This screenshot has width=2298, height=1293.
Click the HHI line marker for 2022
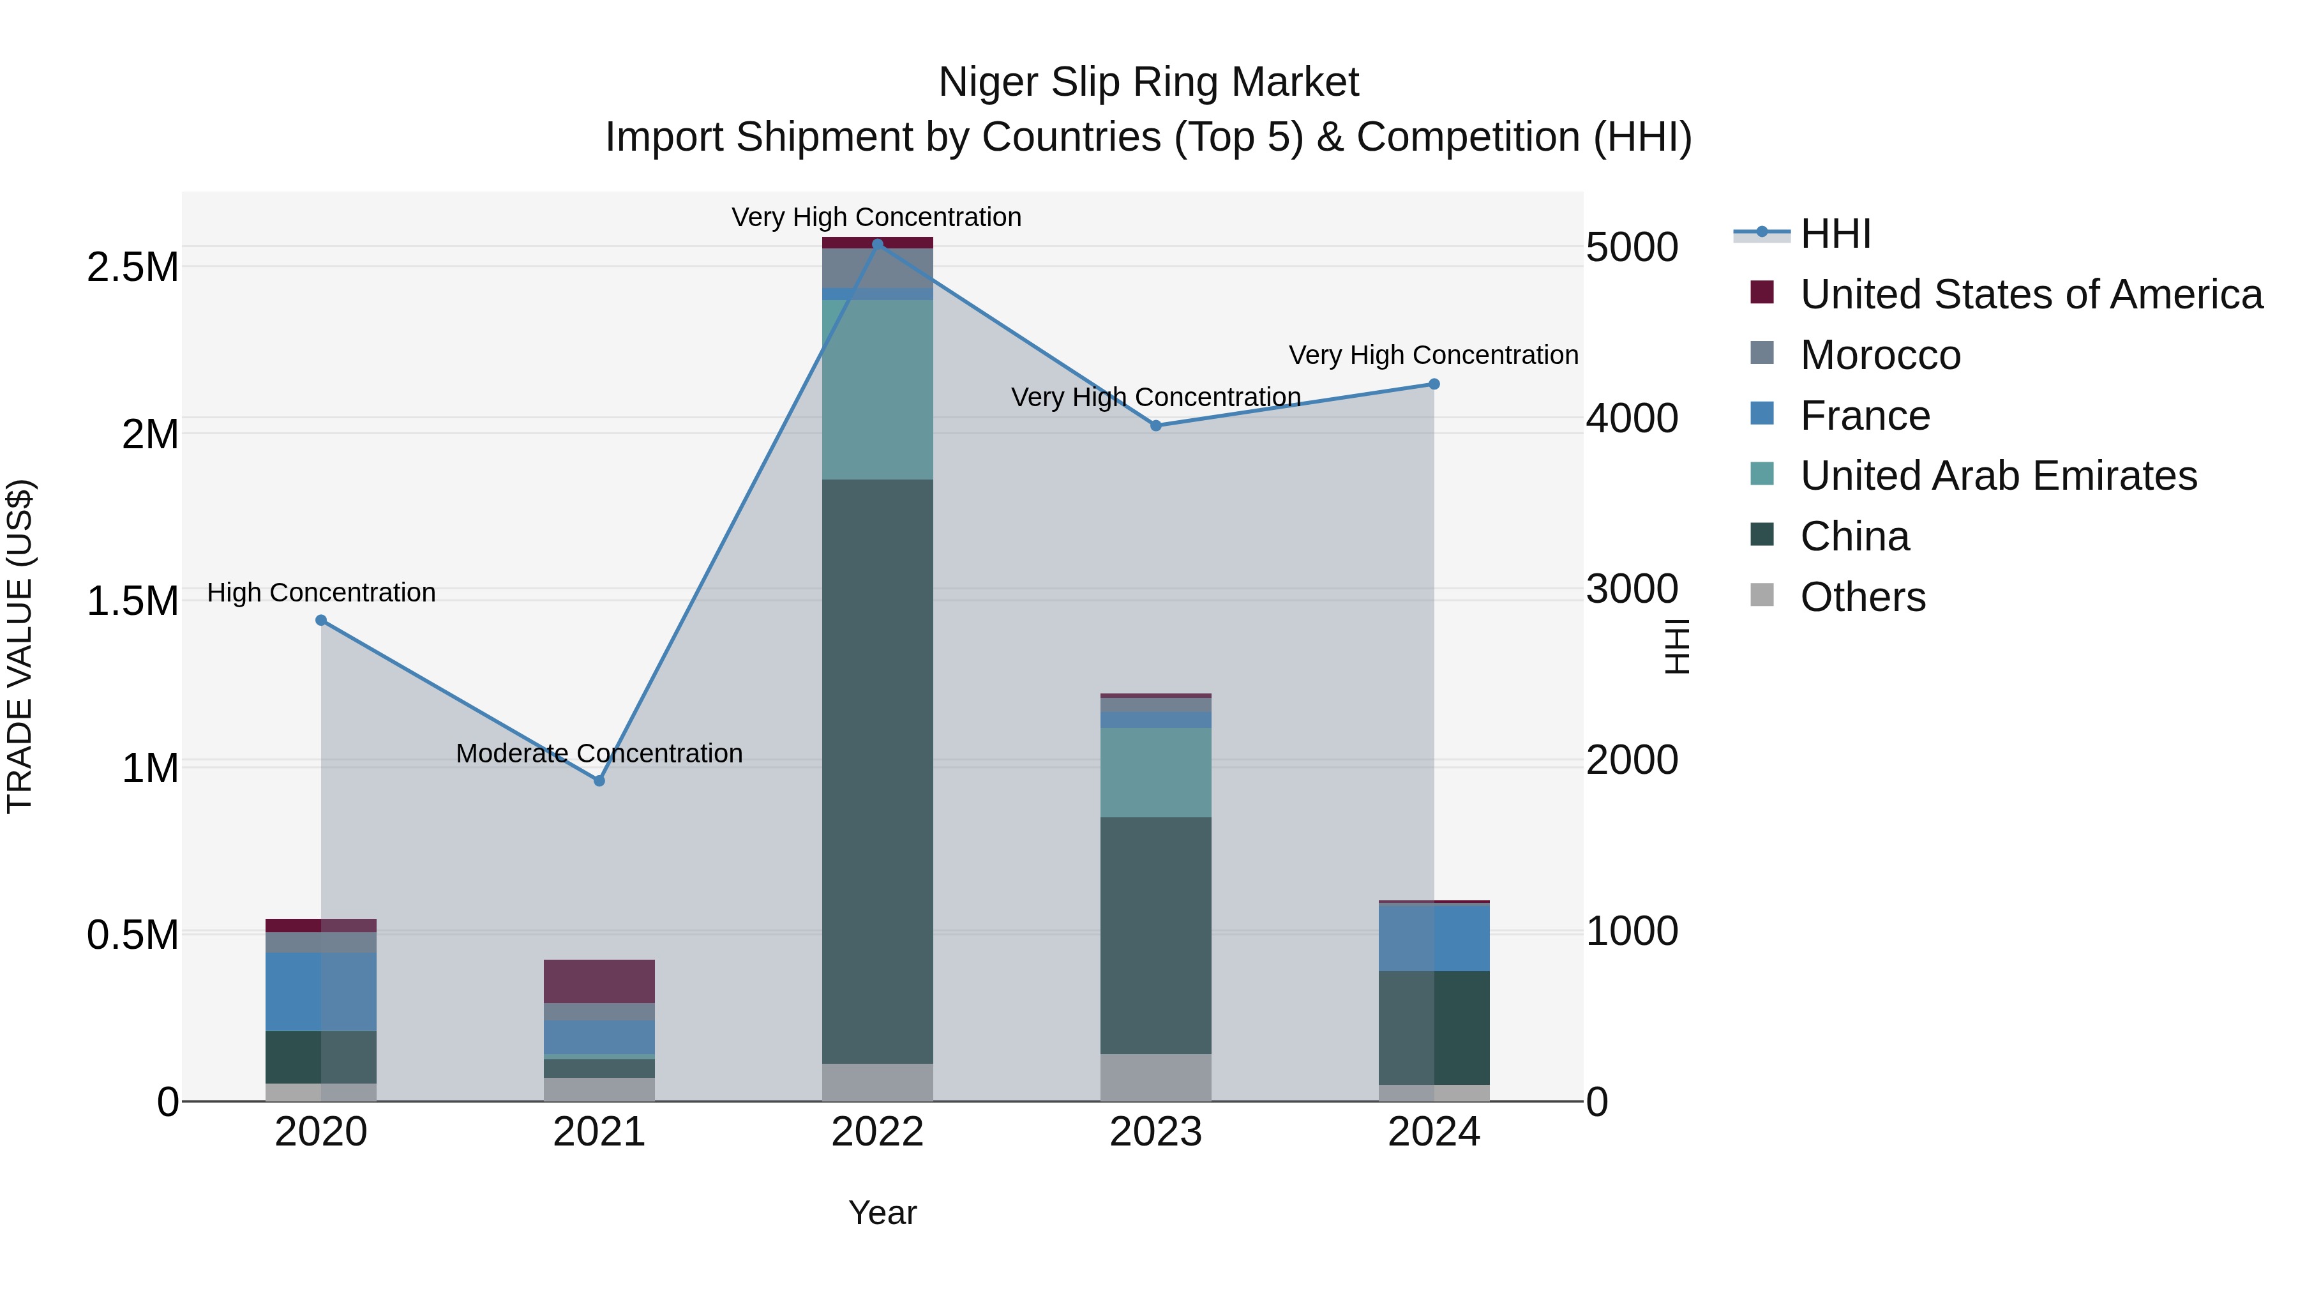tap(877, 244)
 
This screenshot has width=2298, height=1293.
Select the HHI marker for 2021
tap(599, 781)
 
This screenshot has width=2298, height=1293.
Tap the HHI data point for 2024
tap(1434, 384)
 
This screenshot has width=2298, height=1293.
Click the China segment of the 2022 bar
tap(877, 772)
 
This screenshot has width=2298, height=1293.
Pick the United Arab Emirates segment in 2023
tap(1155, 773)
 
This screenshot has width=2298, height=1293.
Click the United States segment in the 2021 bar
tap(599, 981)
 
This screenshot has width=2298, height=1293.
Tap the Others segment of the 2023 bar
tap(1155, 1078)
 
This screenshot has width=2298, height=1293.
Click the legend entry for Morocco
tap(1880, 355)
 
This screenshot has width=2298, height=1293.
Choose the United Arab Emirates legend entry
tap(1998, 476)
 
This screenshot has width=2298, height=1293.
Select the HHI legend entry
tap(1835, 234)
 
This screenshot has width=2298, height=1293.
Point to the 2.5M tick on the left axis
tap(133, 267)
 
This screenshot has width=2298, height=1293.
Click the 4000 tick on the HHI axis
tap(1632, 418)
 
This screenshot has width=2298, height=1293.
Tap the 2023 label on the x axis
tap(1155, 1132)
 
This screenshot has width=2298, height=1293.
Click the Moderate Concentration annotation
tap(599, 753)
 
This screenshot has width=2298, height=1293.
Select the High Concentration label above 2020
tap(321, 593)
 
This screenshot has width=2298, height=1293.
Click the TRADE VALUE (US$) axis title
tap(20, 646)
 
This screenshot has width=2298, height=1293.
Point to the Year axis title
tap(882, 1213)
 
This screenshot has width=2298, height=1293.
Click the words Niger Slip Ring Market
tap(1148, 82)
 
